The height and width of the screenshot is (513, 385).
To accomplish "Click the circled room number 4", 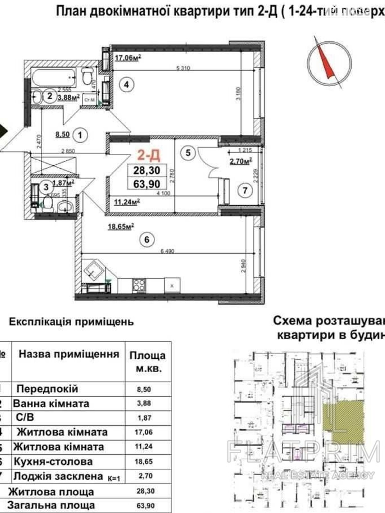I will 126,85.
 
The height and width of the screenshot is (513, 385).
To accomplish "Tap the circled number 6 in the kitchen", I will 147,240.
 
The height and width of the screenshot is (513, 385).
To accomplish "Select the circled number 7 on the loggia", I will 245,191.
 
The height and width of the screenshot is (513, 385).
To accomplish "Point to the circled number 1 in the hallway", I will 80,135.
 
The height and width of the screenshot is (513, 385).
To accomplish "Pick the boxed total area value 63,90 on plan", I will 147,183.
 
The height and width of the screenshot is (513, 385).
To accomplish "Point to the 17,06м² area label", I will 128,58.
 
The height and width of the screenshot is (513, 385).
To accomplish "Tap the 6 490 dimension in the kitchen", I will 167,251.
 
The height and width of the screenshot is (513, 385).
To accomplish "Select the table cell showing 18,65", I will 144,462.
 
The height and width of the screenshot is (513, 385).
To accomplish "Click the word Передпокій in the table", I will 47,389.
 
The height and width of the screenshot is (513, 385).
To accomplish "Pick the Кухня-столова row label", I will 53,462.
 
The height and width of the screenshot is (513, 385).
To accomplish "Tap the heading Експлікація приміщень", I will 71,321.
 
